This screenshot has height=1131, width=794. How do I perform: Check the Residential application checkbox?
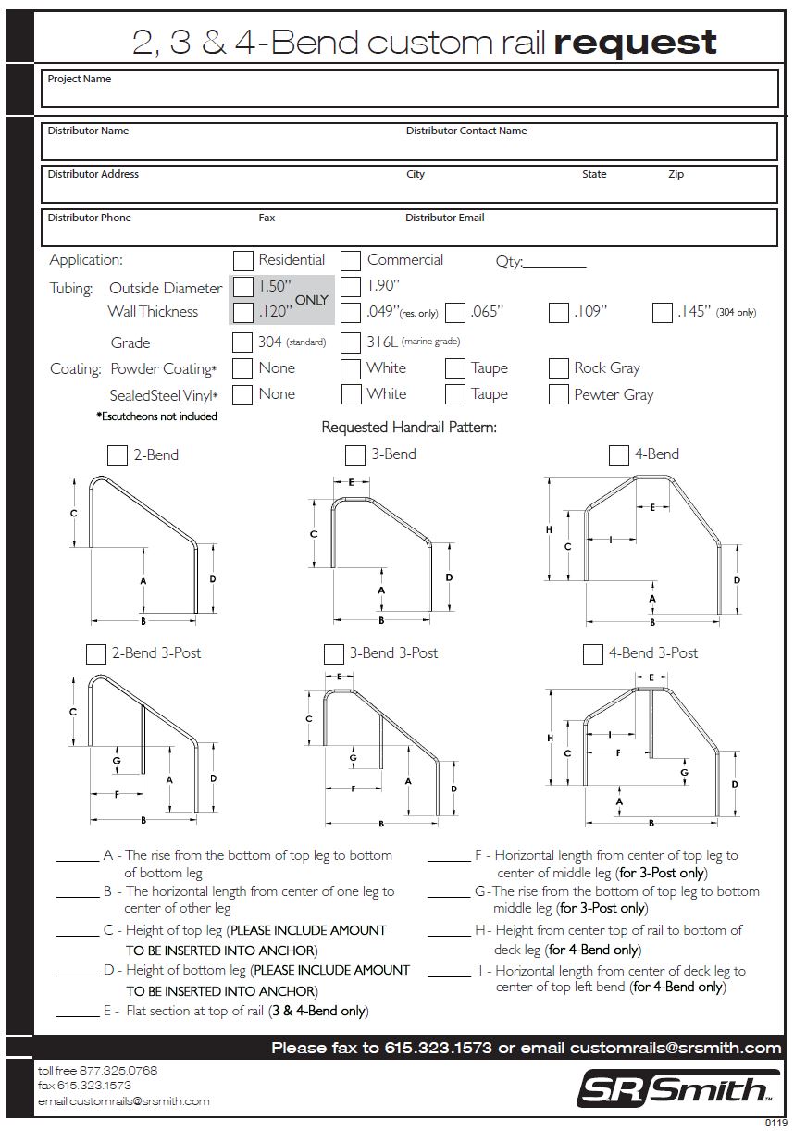click(242, 260)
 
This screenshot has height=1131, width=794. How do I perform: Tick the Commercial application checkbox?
click(351, 260)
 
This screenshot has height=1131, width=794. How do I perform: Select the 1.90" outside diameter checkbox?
click(351, 286)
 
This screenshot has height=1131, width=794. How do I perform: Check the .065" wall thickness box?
click(454, 313)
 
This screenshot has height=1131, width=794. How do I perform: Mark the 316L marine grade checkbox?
click(351, 342)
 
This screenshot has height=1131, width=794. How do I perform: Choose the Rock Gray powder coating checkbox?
click(558, 368)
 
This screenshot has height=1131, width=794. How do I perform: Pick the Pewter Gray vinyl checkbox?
click(558, 394)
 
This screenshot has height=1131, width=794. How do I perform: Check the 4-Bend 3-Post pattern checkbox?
click(593, 653)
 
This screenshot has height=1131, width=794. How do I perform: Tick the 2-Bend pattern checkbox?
click(118, 454)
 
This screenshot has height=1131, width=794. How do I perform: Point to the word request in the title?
click(635, 42)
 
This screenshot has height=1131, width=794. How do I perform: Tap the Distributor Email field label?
click(444, 218)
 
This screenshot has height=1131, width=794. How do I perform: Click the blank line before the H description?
click(449, 937)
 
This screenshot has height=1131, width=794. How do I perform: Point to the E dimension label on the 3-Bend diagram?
click(352, 482)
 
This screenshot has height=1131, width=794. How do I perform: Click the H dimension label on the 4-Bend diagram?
click(549, 529)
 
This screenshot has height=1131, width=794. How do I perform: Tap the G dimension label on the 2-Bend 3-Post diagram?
click(117, 761)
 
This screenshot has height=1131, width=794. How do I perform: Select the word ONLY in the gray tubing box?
click(312, 300)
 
